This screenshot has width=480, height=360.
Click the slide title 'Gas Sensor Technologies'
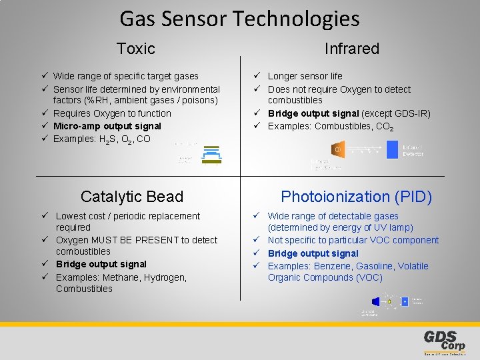click(239, 19)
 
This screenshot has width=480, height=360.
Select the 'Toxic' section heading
click(135, 49)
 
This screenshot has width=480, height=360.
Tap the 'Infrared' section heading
click(351, 49)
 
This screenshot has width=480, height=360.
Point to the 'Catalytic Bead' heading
click(131, 197)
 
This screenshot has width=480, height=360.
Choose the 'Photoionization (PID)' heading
click(356, 197)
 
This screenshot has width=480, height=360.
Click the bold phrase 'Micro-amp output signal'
click(107, 126)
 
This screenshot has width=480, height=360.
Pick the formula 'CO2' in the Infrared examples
click(384, 127)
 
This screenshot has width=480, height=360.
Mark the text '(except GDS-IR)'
click(397, 114)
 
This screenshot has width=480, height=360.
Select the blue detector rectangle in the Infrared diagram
click(392, 150)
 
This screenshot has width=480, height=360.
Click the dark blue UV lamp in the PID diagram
click(375, 301)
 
